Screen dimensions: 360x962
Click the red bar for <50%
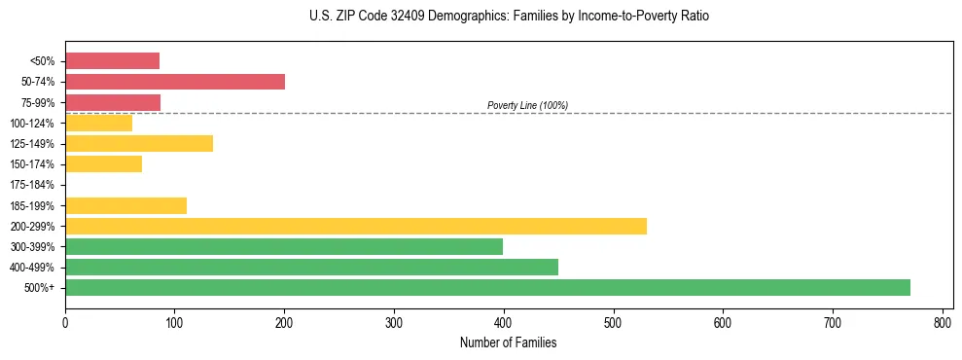(112, 61)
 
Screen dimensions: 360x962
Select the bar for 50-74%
(175, 82)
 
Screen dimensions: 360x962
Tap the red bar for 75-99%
(113, 102)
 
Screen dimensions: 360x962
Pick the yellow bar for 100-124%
(98, 123)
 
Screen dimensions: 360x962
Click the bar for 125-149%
(139, 144)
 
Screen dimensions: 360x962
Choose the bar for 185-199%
(125, 205)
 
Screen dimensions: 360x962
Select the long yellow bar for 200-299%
(356, 226)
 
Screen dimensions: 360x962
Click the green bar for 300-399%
(284, 246)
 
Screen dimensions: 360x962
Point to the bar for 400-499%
(311, 267)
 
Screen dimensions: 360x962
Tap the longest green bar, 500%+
(487, 287)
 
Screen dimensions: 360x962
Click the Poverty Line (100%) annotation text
(527, 105)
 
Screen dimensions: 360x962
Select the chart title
(509, 17)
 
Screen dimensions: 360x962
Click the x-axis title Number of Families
(509, 342)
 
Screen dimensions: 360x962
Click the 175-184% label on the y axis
(33, 185)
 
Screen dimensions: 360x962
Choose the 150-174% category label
(33, 164)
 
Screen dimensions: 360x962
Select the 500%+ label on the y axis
(41, 288)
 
